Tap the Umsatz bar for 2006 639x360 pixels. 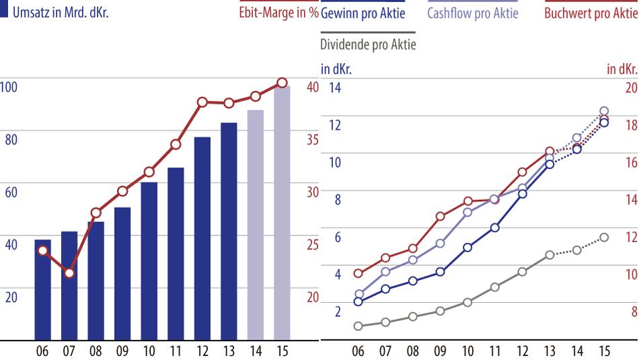(42, 289)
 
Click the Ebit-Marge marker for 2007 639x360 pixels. (69, 273)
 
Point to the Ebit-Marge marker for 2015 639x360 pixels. (282, 83)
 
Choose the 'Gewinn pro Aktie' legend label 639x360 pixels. (363, 13)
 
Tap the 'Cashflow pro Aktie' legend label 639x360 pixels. (473, 13)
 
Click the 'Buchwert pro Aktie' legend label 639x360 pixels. (591, 13)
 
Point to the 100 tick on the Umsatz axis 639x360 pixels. (8, 87)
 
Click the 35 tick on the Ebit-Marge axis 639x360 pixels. (313, 140)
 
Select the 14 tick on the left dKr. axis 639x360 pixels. (334, 87)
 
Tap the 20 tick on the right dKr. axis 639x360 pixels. (631, 87)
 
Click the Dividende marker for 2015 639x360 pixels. (604, 237)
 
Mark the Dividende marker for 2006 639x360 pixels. (359, 326)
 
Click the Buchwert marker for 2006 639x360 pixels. (359, 273)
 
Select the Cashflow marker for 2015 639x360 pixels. (604, 111)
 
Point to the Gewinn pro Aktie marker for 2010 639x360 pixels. (467, 248)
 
